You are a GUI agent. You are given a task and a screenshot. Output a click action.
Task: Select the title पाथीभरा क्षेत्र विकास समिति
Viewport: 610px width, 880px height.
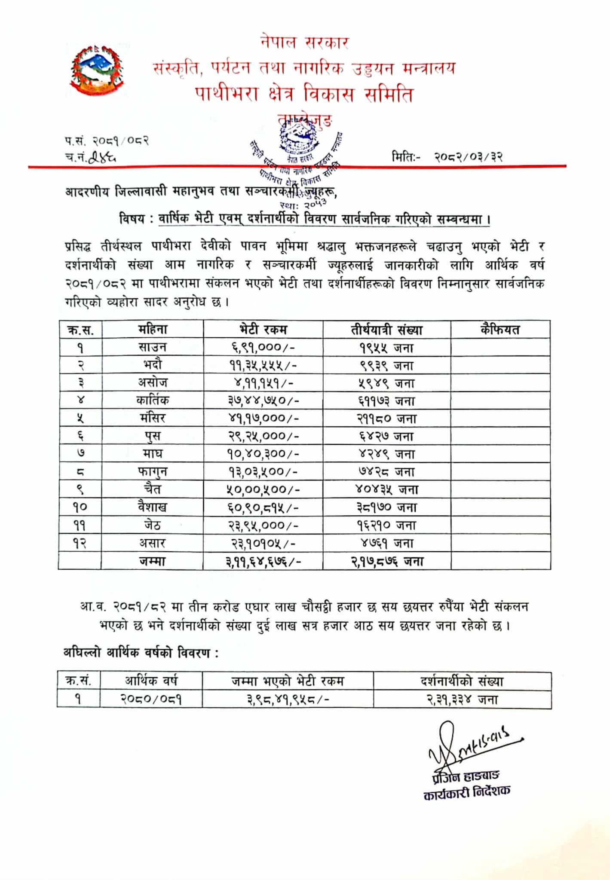click(304, 94)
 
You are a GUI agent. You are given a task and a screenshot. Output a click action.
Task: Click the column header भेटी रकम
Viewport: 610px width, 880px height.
click(263, 330)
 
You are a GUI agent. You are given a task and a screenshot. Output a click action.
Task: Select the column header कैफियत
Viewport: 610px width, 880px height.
click(500, 330)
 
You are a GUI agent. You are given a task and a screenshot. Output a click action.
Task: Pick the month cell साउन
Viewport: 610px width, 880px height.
click(152, 347)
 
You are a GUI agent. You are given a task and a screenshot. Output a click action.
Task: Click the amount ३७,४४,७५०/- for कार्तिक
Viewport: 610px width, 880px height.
click(263, 400)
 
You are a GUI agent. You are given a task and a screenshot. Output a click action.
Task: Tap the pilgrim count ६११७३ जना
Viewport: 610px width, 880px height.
click(386, 400)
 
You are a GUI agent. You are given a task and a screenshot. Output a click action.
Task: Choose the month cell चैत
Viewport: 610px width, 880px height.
click(152, 489)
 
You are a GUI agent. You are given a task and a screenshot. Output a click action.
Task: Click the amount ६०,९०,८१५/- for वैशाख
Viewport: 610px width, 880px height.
click(263, 507)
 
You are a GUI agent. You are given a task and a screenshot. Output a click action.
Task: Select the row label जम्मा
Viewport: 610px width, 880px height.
click(152, 561)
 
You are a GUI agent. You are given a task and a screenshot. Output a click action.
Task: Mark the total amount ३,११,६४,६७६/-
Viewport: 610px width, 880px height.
click(263, 561)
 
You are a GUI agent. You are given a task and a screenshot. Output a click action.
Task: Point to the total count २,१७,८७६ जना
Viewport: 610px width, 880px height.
click(386, 561)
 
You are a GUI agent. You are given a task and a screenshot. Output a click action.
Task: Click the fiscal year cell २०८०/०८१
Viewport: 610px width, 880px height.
click(151, 700)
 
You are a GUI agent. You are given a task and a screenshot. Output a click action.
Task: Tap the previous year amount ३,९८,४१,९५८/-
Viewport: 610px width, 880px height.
click(288, 700)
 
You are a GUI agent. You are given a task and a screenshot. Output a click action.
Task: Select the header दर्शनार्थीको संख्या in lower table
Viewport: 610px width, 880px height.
click(462, 681)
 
